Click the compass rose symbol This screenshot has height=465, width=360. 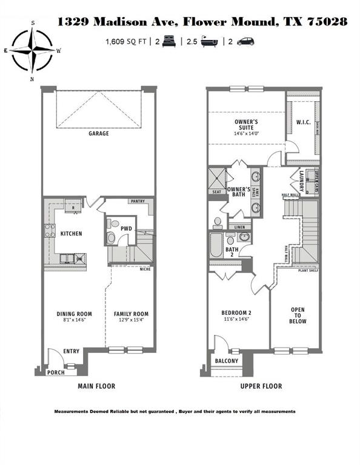tap(33, 51)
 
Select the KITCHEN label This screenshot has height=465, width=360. tap(71, 233)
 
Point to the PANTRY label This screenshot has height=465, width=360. tap(136, 202)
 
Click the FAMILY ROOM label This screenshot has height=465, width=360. tap(132, 314)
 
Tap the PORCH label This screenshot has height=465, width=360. tap(56, 372)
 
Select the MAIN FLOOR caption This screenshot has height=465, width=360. tap(96, 386)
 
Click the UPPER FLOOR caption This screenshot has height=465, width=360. tap(262, 386)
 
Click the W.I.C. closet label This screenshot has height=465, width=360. tap(304, 122)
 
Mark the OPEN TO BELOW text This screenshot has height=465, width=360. tap(298, 315)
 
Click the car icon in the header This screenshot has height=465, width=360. tap(245, 42)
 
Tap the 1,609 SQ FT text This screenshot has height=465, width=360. tap(127, 42)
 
